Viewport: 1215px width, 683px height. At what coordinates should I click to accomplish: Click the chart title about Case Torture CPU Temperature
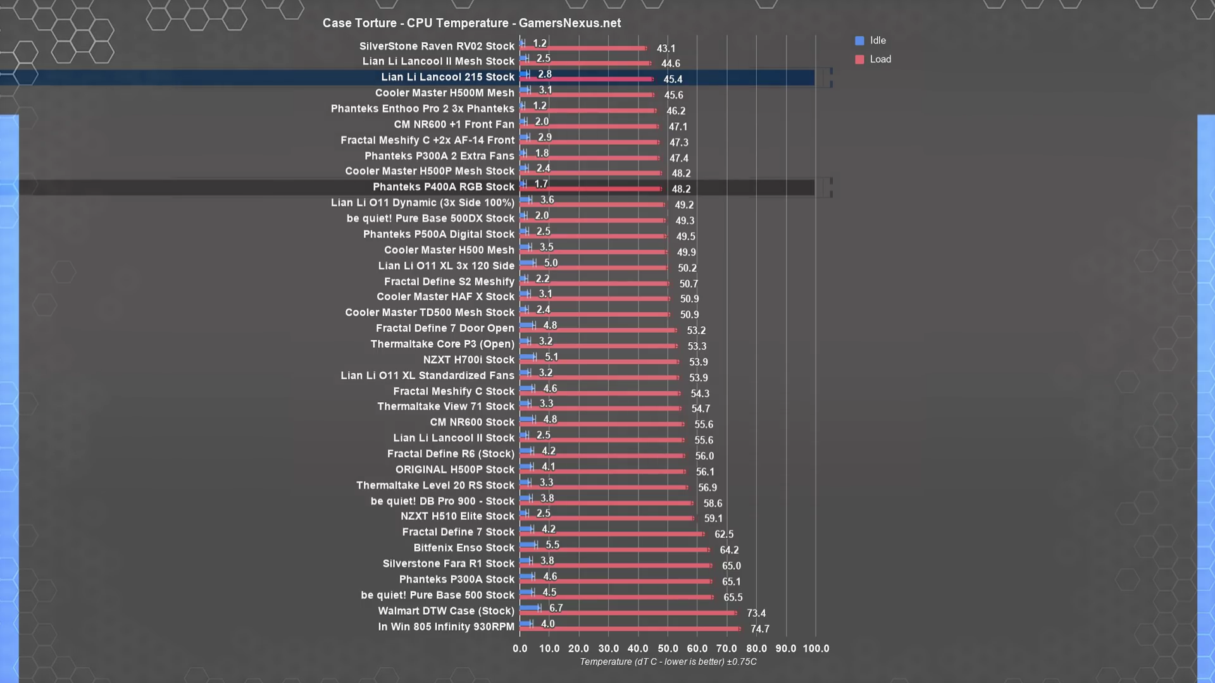point(471,23)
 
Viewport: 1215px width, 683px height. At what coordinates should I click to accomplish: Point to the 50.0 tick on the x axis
point(668,649)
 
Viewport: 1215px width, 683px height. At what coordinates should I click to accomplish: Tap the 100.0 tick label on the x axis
point(816,649)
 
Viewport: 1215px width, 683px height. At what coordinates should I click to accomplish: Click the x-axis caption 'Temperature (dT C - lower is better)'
point(668,662)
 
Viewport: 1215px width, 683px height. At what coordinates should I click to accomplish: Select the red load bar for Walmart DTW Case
point(628,613)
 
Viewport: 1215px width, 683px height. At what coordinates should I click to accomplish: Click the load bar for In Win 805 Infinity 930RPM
point(630,629)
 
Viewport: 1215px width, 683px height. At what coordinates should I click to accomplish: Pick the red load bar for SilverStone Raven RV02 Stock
point(583,48)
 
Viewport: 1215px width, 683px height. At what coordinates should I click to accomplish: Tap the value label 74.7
point(759,629)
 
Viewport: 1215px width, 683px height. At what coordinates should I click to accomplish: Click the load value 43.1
point(666,49)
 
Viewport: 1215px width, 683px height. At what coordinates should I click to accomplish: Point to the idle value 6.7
point(556,608)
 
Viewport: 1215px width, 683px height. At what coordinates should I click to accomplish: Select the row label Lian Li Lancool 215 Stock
point(447,77)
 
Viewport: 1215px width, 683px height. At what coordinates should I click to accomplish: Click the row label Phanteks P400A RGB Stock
point(443,187)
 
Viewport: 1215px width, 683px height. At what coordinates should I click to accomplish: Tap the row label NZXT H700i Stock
point(468,360)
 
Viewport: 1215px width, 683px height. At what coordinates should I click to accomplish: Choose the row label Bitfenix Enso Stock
point(464,548)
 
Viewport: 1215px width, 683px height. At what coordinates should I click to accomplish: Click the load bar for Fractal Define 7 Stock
point(611,534)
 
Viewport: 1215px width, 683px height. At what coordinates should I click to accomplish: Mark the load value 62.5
point(724,534)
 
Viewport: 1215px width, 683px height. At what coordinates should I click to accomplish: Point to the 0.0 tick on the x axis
point(520,649)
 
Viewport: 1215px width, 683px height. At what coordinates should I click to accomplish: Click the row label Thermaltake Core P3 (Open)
point(442,344)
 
